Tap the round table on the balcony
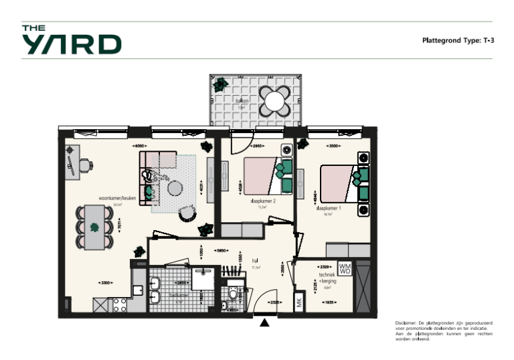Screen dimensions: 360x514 pos(275,101)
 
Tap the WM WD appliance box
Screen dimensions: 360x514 pos(345,269)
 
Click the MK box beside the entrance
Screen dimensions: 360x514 pos(299,302)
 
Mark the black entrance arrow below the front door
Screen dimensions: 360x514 pos(265,323)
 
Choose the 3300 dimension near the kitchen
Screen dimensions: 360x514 pos(105,282)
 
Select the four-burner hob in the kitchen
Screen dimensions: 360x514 pos(120,304)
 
